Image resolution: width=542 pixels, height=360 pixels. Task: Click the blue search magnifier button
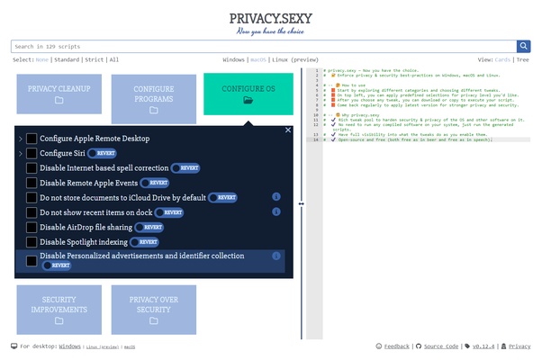pos(523,46)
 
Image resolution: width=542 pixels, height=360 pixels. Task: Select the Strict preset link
pos(95,59)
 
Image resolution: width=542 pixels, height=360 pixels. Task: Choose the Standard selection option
pos(67,59)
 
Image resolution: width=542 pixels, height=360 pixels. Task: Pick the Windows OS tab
pos(233,59)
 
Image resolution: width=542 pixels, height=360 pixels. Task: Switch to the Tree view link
pos(522,59)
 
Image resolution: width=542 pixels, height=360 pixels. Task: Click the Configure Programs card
pos(154,99)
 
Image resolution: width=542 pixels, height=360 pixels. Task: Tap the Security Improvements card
pos(59,310)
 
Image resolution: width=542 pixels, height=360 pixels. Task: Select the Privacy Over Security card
pos(154,310)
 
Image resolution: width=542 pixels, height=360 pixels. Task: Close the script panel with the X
pos(288,130)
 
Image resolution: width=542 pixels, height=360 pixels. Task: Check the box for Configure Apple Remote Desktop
pos(32,139)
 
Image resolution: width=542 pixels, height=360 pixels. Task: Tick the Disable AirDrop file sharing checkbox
pos(32,227)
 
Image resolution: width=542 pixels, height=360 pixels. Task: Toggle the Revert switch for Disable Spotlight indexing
pos(145,242)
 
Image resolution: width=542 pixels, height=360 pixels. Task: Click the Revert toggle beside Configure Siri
pos(102,154)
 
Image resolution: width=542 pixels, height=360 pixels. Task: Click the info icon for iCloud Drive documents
pos(276,197)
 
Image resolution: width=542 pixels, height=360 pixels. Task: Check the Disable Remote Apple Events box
pos(32,183)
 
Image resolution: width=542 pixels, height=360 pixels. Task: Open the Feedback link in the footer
pos(396,346)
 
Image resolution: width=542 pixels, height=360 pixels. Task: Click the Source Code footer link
pos(441,346)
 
